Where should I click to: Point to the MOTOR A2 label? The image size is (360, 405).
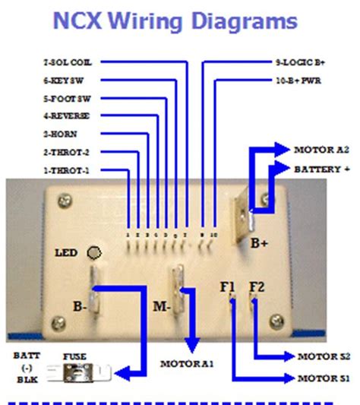pyautogui.click(x=321, y=150)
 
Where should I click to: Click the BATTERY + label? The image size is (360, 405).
pyautogui.click(x=322, y=169)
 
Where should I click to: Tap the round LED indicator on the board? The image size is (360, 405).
pyautogui.click(x=94, y=253)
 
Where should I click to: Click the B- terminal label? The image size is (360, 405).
pyautogui.click(x=79, y=307)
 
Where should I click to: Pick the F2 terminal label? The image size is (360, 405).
pyautogui.click(x=257, y=286)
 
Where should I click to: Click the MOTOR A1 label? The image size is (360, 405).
pyautogui.click(x=186, y=364)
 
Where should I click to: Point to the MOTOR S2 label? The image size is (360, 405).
pyautogui.click(x=323, y=356)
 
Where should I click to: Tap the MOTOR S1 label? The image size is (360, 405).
pyautogui.click(x=323, y=378)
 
